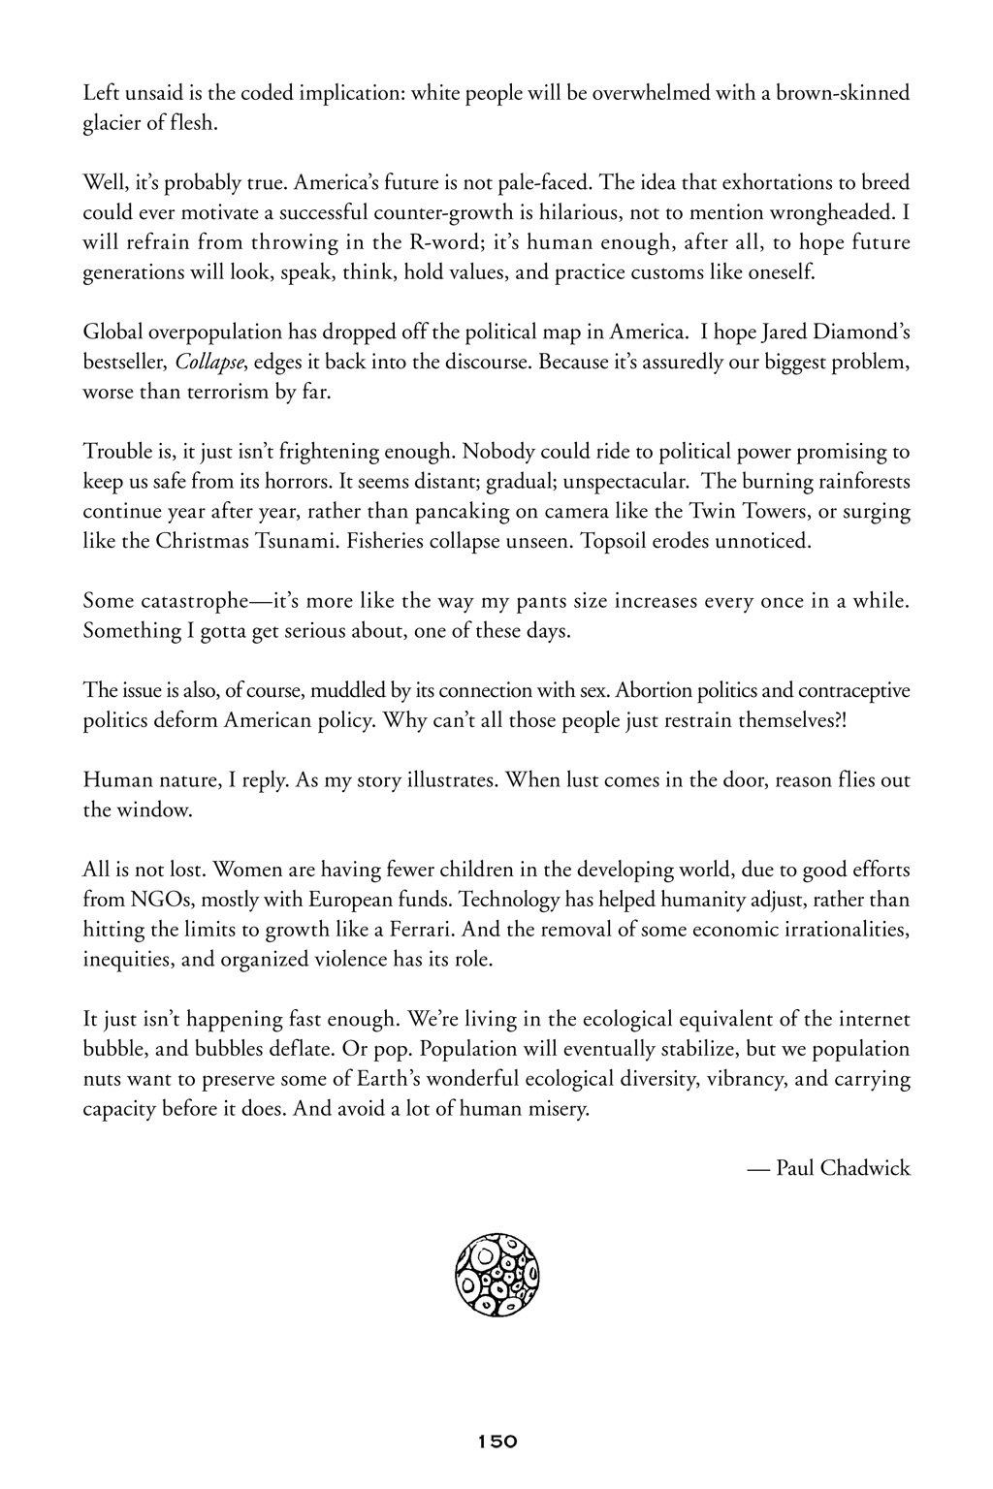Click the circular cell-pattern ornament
(496, 1276)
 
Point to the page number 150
(496, 1441)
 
